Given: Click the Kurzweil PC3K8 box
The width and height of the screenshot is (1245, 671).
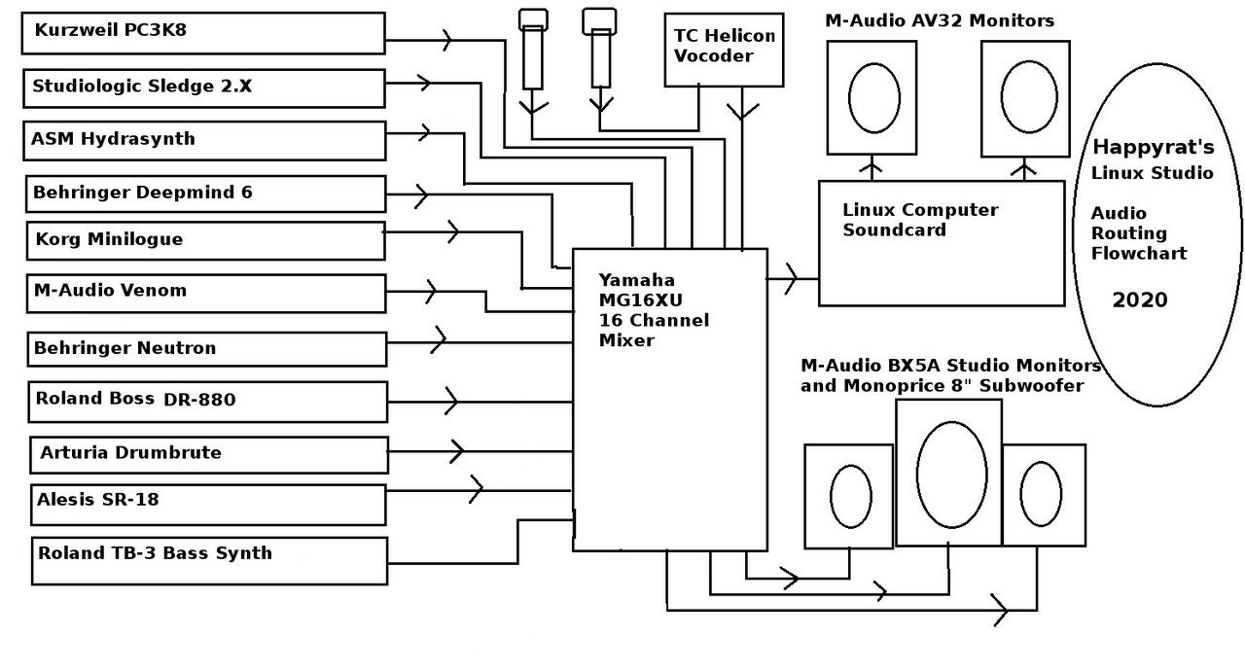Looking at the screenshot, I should pyautogui.click(x=203, y=33).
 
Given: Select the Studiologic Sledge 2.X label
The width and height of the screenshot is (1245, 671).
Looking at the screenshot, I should pyautogui.click(x=142, y=87).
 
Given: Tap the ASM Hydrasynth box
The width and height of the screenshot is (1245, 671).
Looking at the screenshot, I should pyautogui.click(x=205, y=140).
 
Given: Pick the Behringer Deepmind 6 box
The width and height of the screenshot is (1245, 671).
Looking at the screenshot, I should pyautogui.click(x=205, y=193).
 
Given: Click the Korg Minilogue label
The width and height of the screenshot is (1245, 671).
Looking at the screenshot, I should pyautogui.click(x=109, y=239).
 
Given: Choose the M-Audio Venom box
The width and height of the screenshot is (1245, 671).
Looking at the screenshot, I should pyautogui.click(x=205, y=293).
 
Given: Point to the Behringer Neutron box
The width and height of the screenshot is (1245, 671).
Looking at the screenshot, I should pyautogui.click(x=207, y=347).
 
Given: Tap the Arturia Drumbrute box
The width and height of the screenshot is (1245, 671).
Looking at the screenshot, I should pyautogui.click(x=209, y=454).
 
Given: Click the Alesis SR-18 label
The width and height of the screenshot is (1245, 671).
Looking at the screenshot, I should pyautogui.click(x=97, y=500).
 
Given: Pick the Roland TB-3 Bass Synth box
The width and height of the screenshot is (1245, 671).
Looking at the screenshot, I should pyautogui.click(x=209, y=560).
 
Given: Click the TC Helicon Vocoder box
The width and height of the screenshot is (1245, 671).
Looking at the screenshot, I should pyautogui.click(x=725, y=49).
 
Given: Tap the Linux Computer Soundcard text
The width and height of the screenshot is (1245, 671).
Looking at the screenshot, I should pyautogui.click(x=919, y=220).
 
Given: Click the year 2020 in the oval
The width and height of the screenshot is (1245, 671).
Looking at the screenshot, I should pyautogui.click(x=1139, y=300).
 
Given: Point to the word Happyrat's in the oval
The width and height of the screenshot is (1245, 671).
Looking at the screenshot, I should pyautogui.click(x=1154, y=148).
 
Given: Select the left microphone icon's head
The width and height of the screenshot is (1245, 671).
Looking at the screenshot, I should pyautogui.click(x=532, y=18).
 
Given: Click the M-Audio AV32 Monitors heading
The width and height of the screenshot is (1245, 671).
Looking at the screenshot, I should pyautogui.click(x=939, y=20).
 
